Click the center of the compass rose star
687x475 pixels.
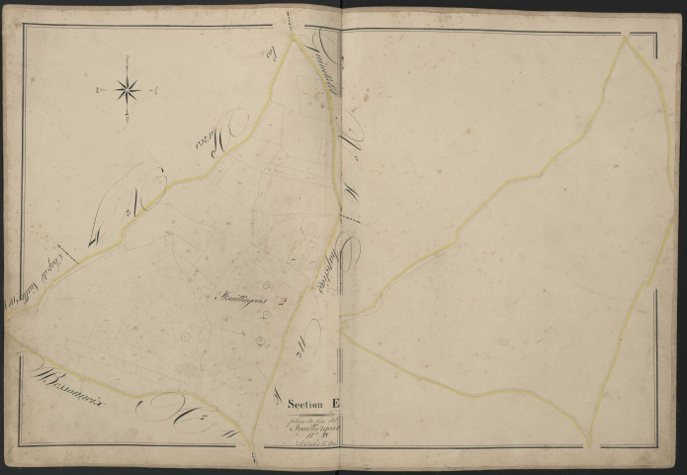[128, 91]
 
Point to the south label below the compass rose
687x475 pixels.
[128, 122]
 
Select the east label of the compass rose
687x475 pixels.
[154, 90]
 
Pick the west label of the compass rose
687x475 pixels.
[100, 91]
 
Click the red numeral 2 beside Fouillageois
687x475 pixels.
[283, 303]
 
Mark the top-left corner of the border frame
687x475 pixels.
[22, 26]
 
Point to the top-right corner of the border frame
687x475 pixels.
[656, 34]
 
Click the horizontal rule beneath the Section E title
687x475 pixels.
[314, 413]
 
